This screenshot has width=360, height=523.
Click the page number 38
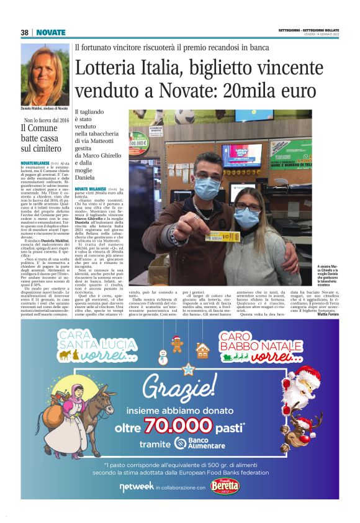pos(25,32)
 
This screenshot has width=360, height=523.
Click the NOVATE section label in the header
pos(50,32)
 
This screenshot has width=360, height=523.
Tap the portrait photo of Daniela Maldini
pos(44,74)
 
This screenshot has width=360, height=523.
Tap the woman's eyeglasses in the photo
pos(248,206)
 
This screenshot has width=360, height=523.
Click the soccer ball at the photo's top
pos(184,117)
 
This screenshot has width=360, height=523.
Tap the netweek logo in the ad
pos(135,488)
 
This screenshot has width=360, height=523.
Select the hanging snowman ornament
pos(163,357)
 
